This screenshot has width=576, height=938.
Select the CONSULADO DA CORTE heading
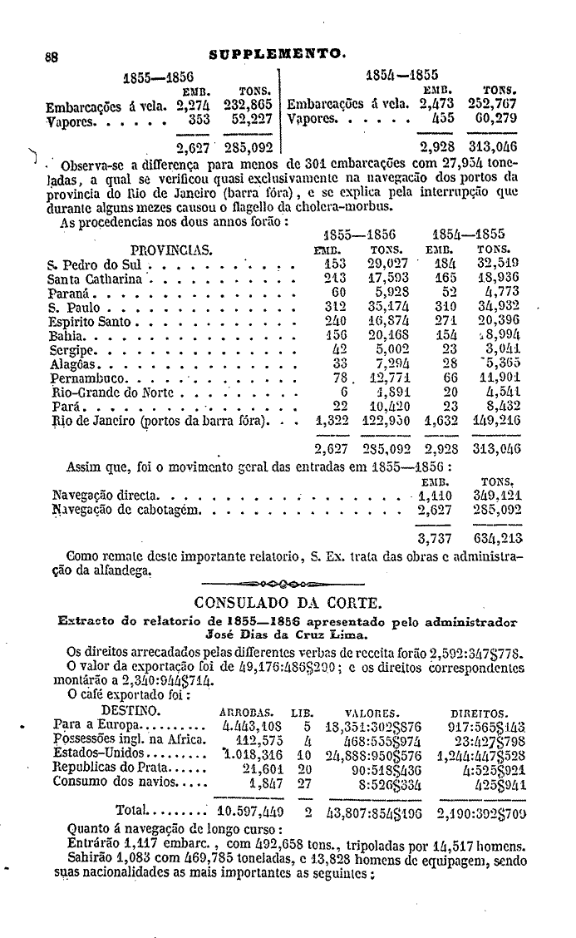click(287, 602)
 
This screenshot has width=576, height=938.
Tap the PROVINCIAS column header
click(171, 249)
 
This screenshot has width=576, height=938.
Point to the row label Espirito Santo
click(91, 320)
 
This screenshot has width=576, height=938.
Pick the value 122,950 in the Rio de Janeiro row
click(386, 422)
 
